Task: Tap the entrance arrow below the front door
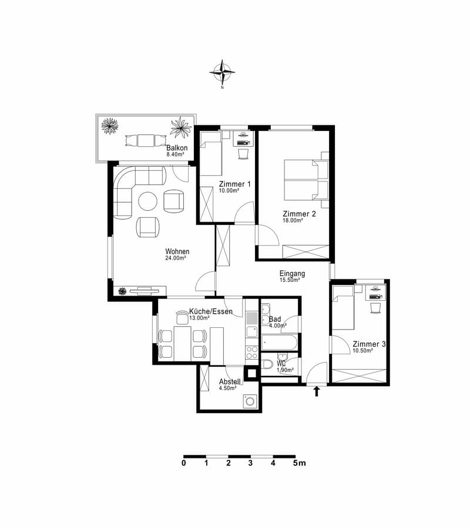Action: pos(316,391)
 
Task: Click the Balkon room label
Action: pos(177,148)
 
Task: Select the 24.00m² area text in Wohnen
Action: pos(176,258)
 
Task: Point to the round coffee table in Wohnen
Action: pos(148,202)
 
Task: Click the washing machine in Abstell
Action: pos(250,401)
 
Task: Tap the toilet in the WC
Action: pos(267,364)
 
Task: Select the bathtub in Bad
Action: pos(280,343)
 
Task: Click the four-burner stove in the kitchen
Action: pos(252,353)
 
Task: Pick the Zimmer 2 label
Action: pos(299,214)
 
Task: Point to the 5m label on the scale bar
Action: pos(299,463)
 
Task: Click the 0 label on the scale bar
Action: pos(183,463)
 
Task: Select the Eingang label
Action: pos(292,274)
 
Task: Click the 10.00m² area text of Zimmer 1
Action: pos(229,190)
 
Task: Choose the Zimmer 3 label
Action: pos(369,344)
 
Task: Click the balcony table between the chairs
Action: pos(146,140)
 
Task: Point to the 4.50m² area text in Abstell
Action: pos(227,388)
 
